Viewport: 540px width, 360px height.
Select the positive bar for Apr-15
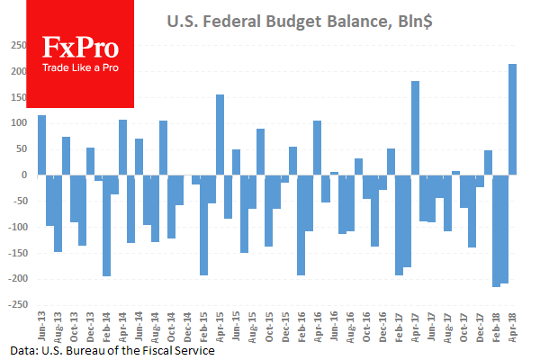tap(220, 134)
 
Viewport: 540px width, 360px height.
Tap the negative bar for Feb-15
tap(204, 225)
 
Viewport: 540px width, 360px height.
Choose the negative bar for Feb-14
tap(107, 225)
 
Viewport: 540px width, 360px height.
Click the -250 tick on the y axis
tap(19, 305)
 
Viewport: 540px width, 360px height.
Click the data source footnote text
tap(112, 350)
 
